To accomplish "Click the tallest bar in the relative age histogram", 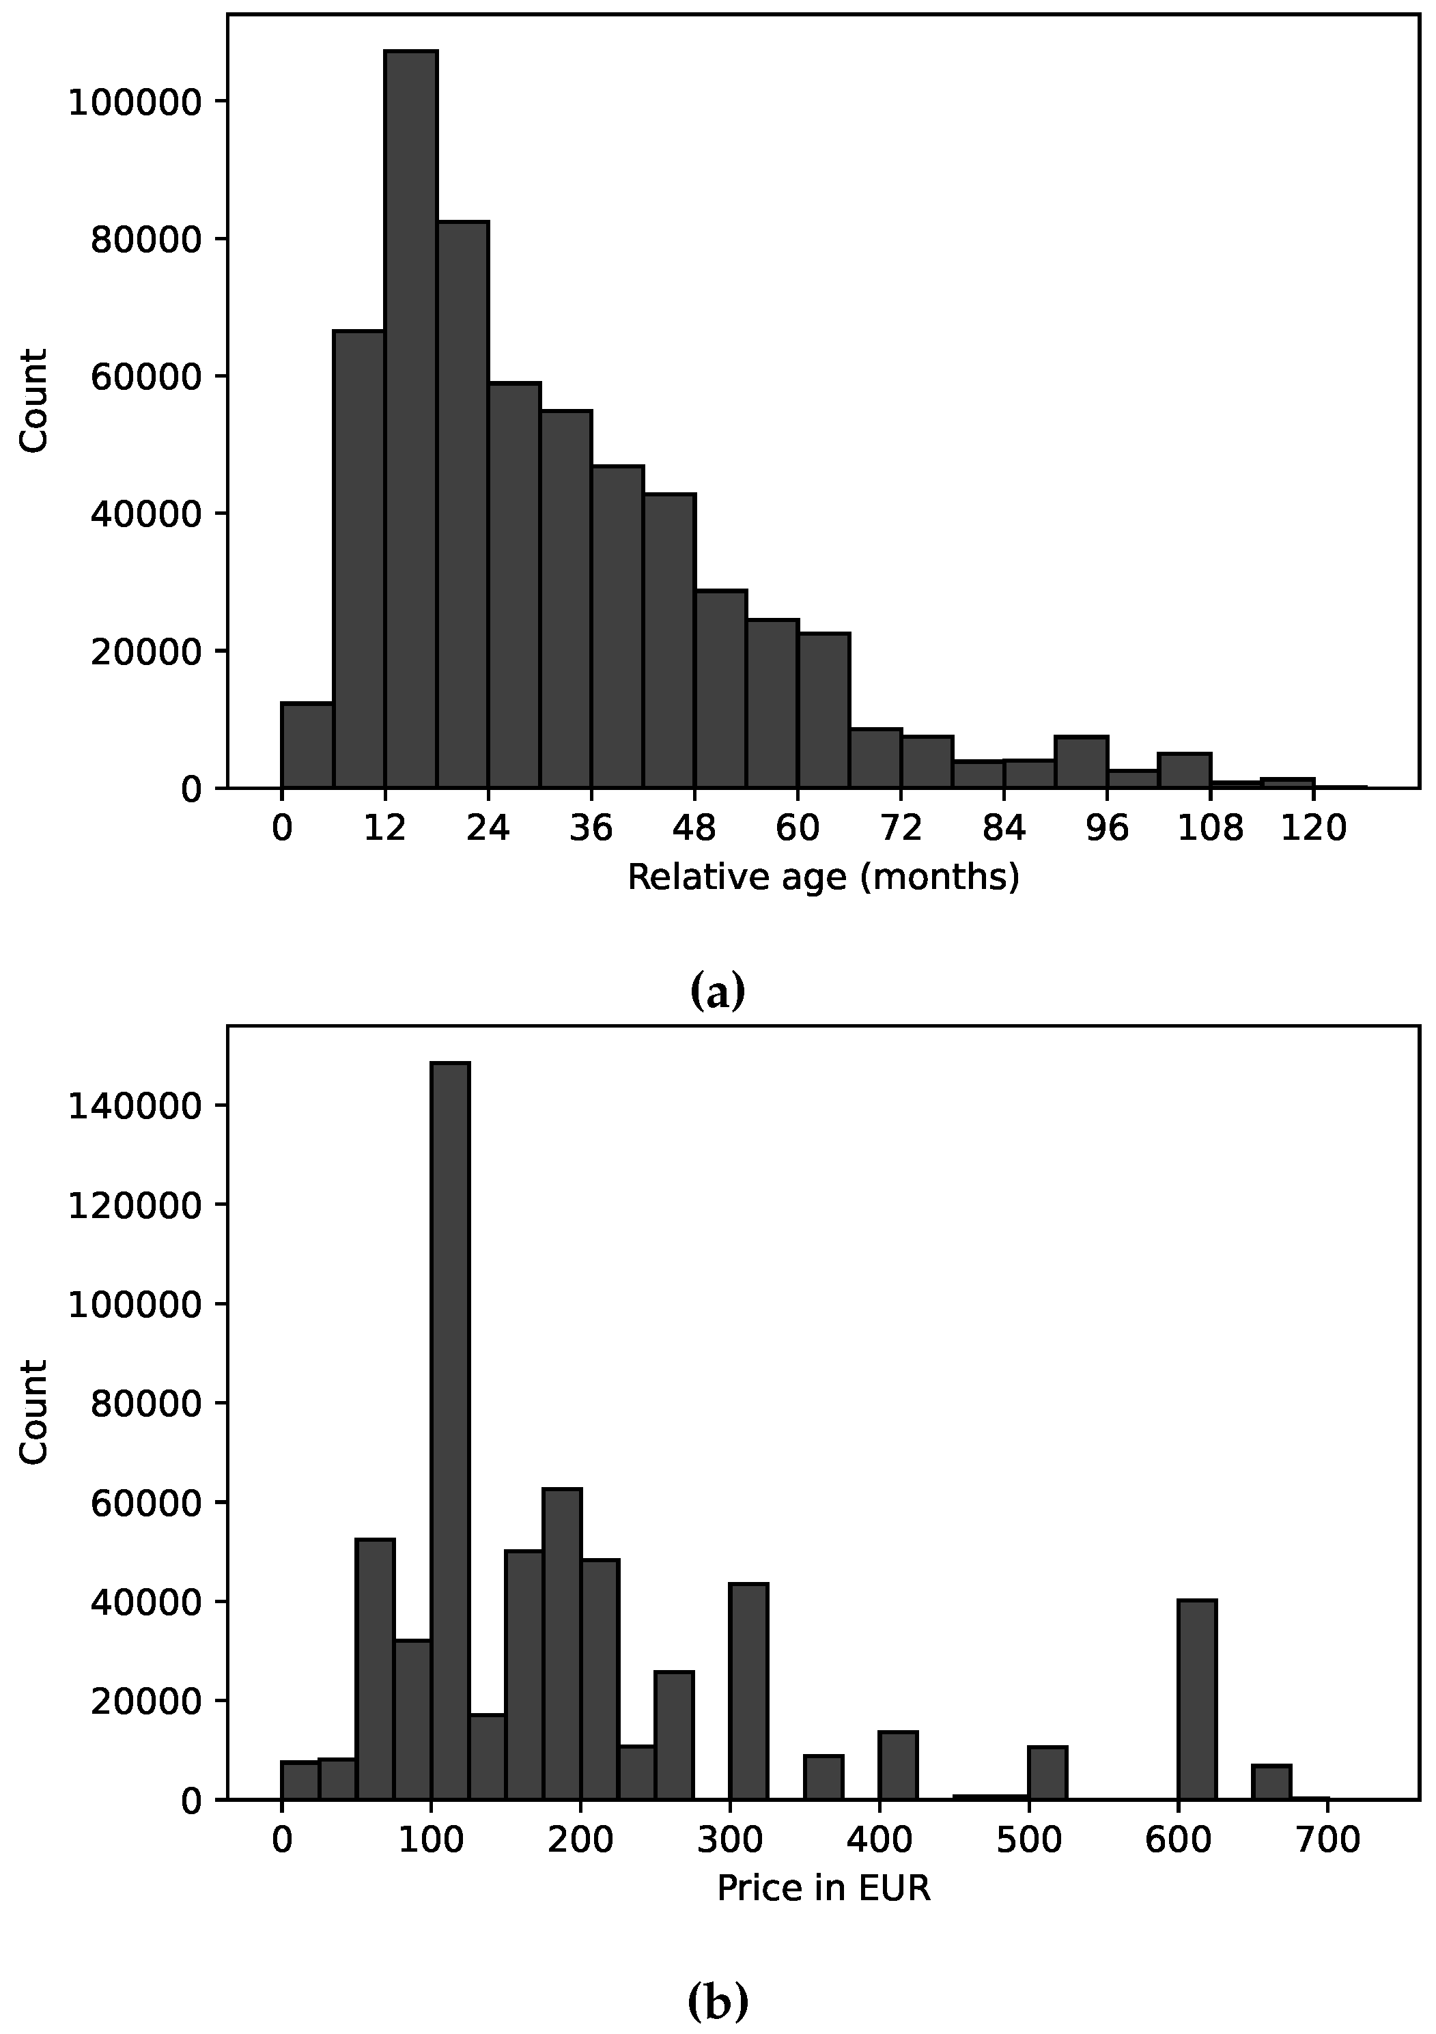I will pos(410,416).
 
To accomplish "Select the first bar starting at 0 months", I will pos(307,744).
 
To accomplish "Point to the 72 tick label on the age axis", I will pos(901,828).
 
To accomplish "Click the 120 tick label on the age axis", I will pos(1314,828).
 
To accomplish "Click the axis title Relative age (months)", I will pos(823,877).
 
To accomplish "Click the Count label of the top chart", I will pos(33,400).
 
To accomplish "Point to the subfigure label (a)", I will pos(718,991).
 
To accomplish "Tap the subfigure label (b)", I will pos(718,2001).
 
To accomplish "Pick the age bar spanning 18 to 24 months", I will pos(462,505).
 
